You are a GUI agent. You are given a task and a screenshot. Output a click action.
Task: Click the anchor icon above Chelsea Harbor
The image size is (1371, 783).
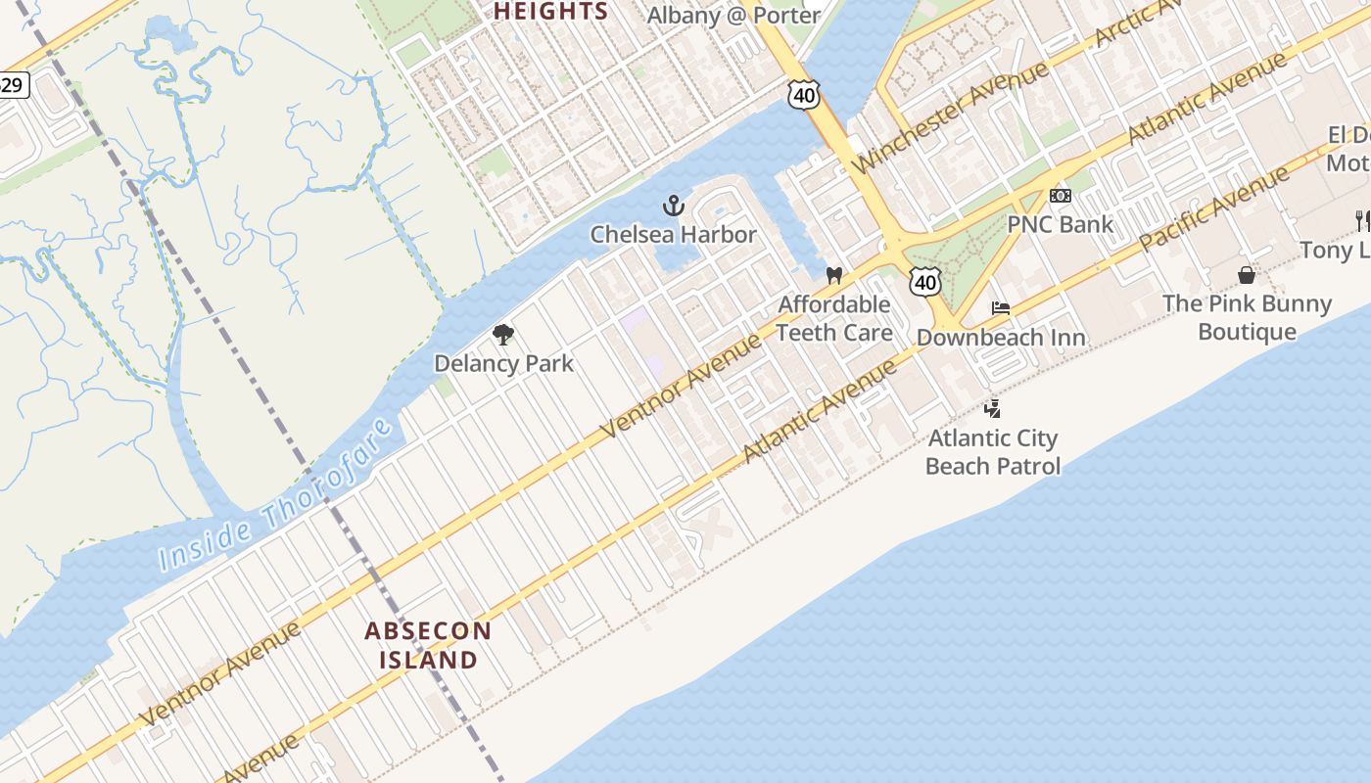tap(673, 206)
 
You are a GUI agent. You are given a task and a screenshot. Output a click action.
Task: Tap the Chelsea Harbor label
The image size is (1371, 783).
tap(673, 235)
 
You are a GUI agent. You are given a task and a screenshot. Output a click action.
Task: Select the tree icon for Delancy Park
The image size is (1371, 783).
tap(503, 336)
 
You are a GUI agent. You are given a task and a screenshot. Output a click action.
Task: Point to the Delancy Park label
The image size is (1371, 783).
tap(503, 364)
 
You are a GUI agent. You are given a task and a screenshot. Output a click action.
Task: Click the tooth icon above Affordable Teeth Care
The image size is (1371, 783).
tap(834, 276)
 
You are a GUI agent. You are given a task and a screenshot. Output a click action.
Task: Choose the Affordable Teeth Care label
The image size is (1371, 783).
tap(834, 319)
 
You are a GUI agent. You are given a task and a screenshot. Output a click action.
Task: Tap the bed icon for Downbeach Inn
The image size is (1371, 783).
tap(1000, 308)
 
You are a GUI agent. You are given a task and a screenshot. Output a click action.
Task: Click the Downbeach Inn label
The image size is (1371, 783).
tap(1000, 339)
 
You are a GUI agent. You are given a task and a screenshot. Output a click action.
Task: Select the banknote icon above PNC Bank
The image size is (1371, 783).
tap(1060, 196)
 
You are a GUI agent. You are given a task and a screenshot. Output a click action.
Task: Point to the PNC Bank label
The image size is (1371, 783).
tap(1060, 225)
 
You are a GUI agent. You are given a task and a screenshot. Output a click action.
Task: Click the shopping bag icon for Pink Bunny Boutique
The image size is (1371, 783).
tap(1247, 275)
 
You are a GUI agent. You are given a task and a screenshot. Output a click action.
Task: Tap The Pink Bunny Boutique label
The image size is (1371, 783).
tap(1247, 317)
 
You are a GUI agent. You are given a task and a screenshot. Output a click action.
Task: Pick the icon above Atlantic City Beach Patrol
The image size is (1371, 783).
tap(993, 408)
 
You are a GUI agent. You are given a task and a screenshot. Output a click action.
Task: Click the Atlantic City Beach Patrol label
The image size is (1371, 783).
tap(993, 451)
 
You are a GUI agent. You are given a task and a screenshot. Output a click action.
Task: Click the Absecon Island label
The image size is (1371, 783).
tap(428, 645)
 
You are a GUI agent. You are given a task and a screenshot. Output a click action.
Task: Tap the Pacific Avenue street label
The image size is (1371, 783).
tap(1215, 208)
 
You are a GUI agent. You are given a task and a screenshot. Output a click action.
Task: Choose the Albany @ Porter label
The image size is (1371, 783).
tap(734, 16)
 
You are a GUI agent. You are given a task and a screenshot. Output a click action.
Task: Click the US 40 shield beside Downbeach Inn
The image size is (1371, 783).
tap(925, 282)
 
